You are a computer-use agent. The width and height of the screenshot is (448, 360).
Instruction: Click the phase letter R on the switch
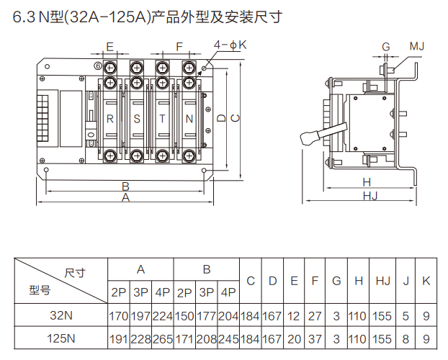pyautogui.click(x=110, y=118)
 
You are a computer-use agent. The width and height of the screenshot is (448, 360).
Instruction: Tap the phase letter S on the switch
pyautogui.click(x=137, y=118)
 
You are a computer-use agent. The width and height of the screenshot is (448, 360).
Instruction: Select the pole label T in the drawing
pyautogui.click(x=163, y=118)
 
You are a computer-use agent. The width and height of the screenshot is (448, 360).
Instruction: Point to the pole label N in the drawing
pyautogui.click(x=189, y=118)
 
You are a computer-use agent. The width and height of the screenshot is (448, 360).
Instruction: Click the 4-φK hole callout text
pyautogui.click(x=230, y=45)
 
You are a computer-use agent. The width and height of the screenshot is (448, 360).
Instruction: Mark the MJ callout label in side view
pyautogui.click(x=417, y=47)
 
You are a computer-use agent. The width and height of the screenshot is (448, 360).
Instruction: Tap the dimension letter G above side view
pyautogui.click(x=386, y=47)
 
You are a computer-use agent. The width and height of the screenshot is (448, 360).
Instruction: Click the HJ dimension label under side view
pyautogui.click(x=369, y=196)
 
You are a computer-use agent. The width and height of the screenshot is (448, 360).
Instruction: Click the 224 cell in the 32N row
pyautogui.click(x=163, y=315)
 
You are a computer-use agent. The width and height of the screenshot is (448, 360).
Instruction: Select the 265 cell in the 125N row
pyautogui.click(x=163, y=338)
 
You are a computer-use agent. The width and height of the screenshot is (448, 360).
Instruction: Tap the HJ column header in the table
pyautogui.click(x=383, y=281)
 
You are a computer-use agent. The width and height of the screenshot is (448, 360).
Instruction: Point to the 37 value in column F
pyautogui.click(x=315, y=338)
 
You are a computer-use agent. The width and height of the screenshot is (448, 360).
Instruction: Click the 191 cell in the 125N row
pyautogui.click(x=118, y=338)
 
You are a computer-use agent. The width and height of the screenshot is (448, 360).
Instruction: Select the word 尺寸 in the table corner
pyautogui.click(x=75, y=272)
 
